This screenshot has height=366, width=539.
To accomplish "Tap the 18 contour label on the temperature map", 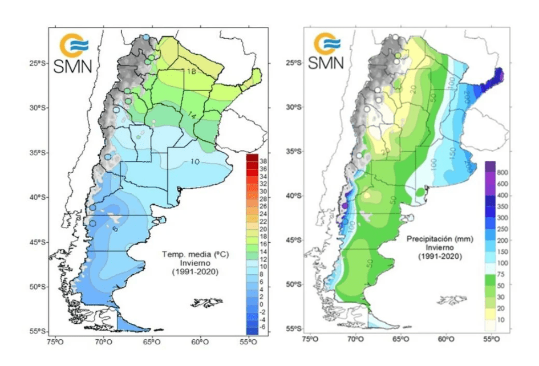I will (192, 71).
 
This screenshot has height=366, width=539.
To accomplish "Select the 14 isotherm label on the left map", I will (192, 116).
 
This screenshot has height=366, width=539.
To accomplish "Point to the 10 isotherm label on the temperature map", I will (194, 162).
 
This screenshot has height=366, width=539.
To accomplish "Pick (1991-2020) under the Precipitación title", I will (439, 257).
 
